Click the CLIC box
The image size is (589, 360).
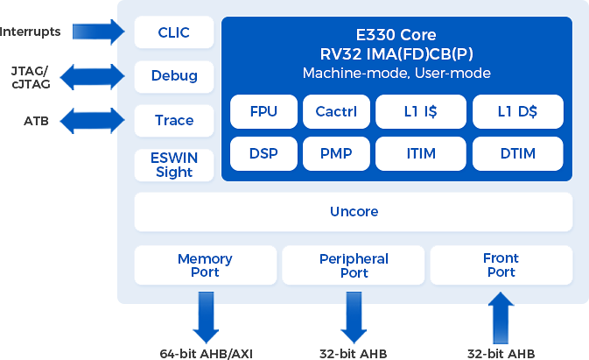pos(173,33)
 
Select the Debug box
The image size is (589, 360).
pos(173,76)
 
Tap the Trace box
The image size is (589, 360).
pos(173,120)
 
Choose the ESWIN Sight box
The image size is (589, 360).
pos(173,165)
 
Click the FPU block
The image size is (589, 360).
pos(263,112)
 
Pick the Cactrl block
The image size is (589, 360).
pos(336,112)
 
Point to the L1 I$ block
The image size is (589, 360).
pos(420,112)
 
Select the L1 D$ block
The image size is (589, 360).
pos(517,112)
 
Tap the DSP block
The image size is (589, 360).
pos(263,154)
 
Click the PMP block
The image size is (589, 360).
pos(336,154)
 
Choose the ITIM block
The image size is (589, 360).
pos(420,154)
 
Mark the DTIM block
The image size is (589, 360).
pos(517,154)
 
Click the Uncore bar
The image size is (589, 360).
pos(354,212)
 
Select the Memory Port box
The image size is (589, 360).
pos(205,265)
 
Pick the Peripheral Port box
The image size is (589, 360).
pos(354,265)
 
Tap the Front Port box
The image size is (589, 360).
pos(501,265)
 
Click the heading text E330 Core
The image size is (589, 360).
pos(396,35)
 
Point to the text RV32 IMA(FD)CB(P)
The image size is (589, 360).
pos(396,54)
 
